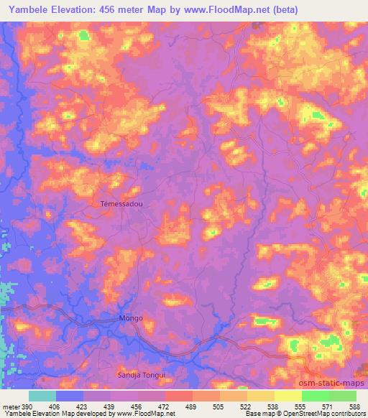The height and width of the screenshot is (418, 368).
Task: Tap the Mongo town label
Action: pyautogui.click(x=131, y=317)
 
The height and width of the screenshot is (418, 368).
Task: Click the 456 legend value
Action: pyautogui.click(x=138, y=406)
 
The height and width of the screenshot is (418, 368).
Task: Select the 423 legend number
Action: pyautogui.click(x=83, y=406)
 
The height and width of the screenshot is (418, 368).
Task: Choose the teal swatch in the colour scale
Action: pyautogui.click(x=42, y=395)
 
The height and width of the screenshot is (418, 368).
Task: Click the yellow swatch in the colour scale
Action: pyautogui.click(x=287, y=395)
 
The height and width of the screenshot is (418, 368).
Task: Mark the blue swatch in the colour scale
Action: pyautogui.click(x=70, y=395)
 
